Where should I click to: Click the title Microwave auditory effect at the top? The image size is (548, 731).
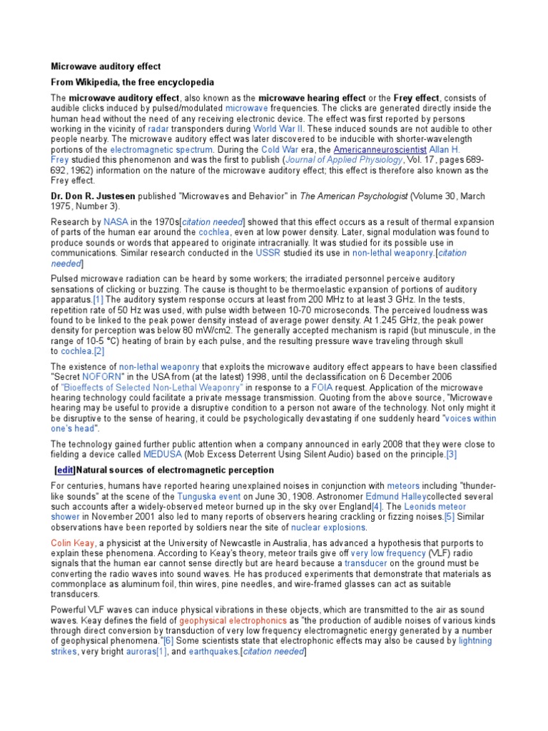[106, 66]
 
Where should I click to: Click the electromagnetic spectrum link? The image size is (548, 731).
[161, 150]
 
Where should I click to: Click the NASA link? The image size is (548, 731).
[116, 222]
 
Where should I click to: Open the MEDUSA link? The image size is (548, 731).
[163, 454]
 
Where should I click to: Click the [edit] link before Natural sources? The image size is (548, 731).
[65, 470]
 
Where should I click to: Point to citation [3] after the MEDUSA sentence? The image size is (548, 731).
[451, 454]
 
